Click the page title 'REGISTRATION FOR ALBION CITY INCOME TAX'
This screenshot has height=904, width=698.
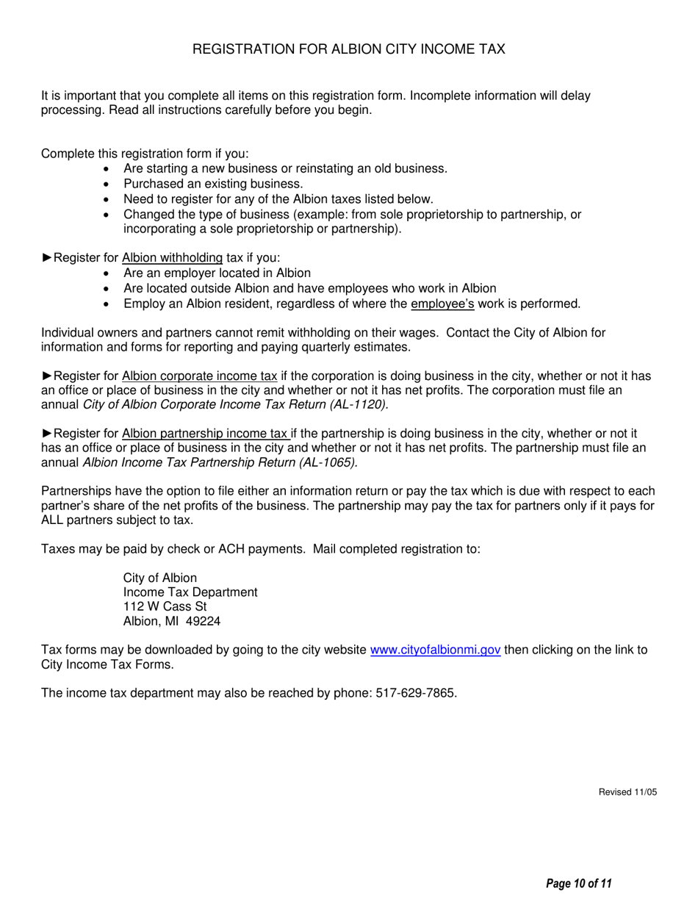click(348, 49)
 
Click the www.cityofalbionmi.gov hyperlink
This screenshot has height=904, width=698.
click(436, 650)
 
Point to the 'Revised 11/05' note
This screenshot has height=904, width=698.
click(627, 792)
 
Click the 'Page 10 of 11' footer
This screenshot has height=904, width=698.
click(579, 883)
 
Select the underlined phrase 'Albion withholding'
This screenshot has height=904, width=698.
click(172, 258)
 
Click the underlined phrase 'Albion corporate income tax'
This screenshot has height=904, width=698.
click(199, 376)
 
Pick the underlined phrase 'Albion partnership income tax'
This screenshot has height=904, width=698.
click(206, 434)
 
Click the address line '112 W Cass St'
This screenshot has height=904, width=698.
click(165, 606)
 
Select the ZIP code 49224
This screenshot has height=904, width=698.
click(203, 621)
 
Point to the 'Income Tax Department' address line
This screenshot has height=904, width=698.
click(190, 592)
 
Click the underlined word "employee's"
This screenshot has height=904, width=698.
click(442, 304)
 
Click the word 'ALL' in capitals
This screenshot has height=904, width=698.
click(54, 520)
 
